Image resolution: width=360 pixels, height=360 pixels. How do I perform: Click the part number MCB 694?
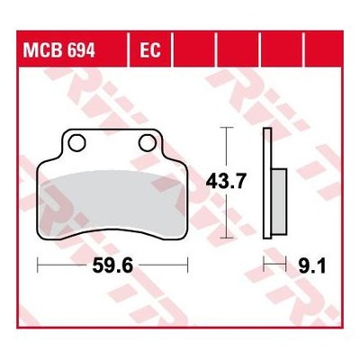click(59, 49)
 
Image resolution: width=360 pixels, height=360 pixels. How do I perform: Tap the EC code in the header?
click(150, 49)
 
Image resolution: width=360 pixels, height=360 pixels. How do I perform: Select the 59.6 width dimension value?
click(112, 265)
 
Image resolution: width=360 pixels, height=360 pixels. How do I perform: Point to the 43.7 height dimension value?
click(226, 182)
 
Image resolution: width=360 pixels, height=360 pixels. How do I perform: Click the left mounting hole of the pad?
click(76, 143)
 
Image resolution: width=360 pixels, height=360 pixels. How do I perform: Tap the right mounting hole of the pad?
click(148, 143)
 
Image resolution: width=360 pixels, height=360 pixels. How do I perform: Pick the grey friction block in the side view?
click(279, 202)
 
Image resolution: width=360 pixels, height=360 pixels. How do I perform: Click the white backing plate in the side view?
click(267, 184)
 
